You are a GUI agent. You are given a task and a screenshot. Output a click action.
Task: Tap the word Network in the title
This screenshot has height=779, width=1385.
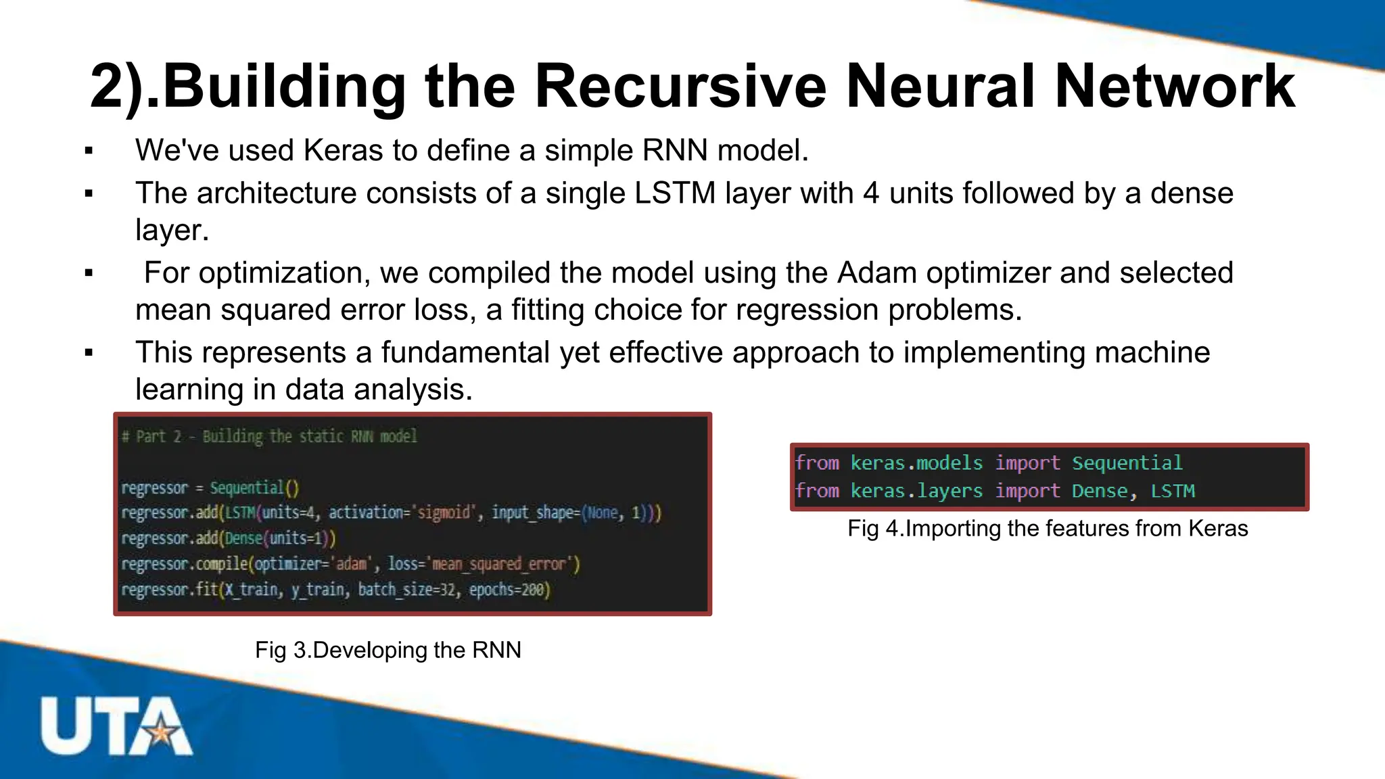coord(1174,87)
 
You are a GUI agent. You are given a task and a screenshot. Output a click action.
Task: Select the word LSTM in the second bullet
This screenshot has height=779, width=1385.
coord(674,193)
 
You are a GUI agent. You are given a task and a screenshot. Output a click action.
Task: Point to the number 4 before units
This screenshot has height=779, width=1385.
coord(871,193)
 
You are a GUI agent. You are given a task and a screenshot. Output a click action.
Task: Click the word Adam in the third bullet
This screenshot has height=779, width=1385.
coord(876,273)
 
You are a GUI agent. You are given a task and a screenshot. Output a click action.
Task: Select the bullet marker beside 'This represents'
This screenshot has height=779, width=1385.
coord(89,353)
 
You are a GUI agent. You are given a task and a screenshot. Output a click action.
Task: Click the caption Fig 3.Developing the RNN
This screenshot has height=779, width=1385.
coord(388,650)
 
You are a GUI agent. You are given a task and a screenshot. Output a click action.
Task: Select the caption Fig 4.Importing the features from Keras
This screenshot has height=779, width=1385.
coord(1048,528)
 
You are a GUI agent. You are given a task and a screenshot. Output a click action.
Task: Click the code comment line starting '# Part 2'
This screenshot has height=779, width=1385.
coord(269,437)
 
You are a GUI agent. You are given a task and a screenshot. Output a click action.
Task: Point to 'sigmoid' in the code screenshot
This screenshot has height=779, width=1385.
coord(444,513)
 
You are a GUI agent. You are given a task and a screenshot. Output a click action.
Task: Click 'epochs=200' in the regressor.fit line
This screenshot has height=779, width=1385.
coord(510,590)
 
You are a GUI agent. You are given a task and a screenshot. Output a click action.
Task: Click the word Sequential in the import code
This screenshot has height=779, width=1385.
coord(1127,463)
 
